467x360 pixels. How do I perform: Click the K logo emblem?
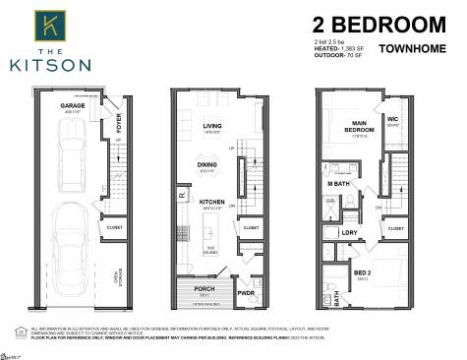tap(48, 24)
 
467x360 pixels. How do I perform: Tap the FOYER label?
tap(118, 123)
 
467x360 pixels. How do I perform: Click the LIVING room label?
tap(212, 125)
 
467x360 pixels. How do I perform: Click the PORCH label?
tap(204, 289)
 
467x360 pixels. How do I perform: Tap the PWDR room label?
tap(246, 292)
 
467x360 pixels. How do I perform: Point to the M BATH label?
tap(338, 184)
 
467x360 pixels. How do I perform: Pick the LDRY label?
tap(349, 232)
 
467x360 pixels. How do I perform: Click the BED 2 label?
tap(363, 272)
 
